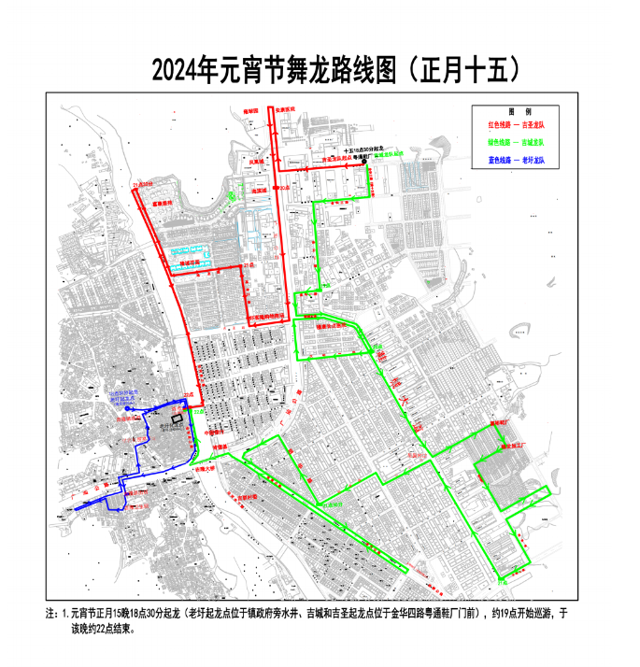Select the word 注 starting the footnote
pos(50,614)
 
